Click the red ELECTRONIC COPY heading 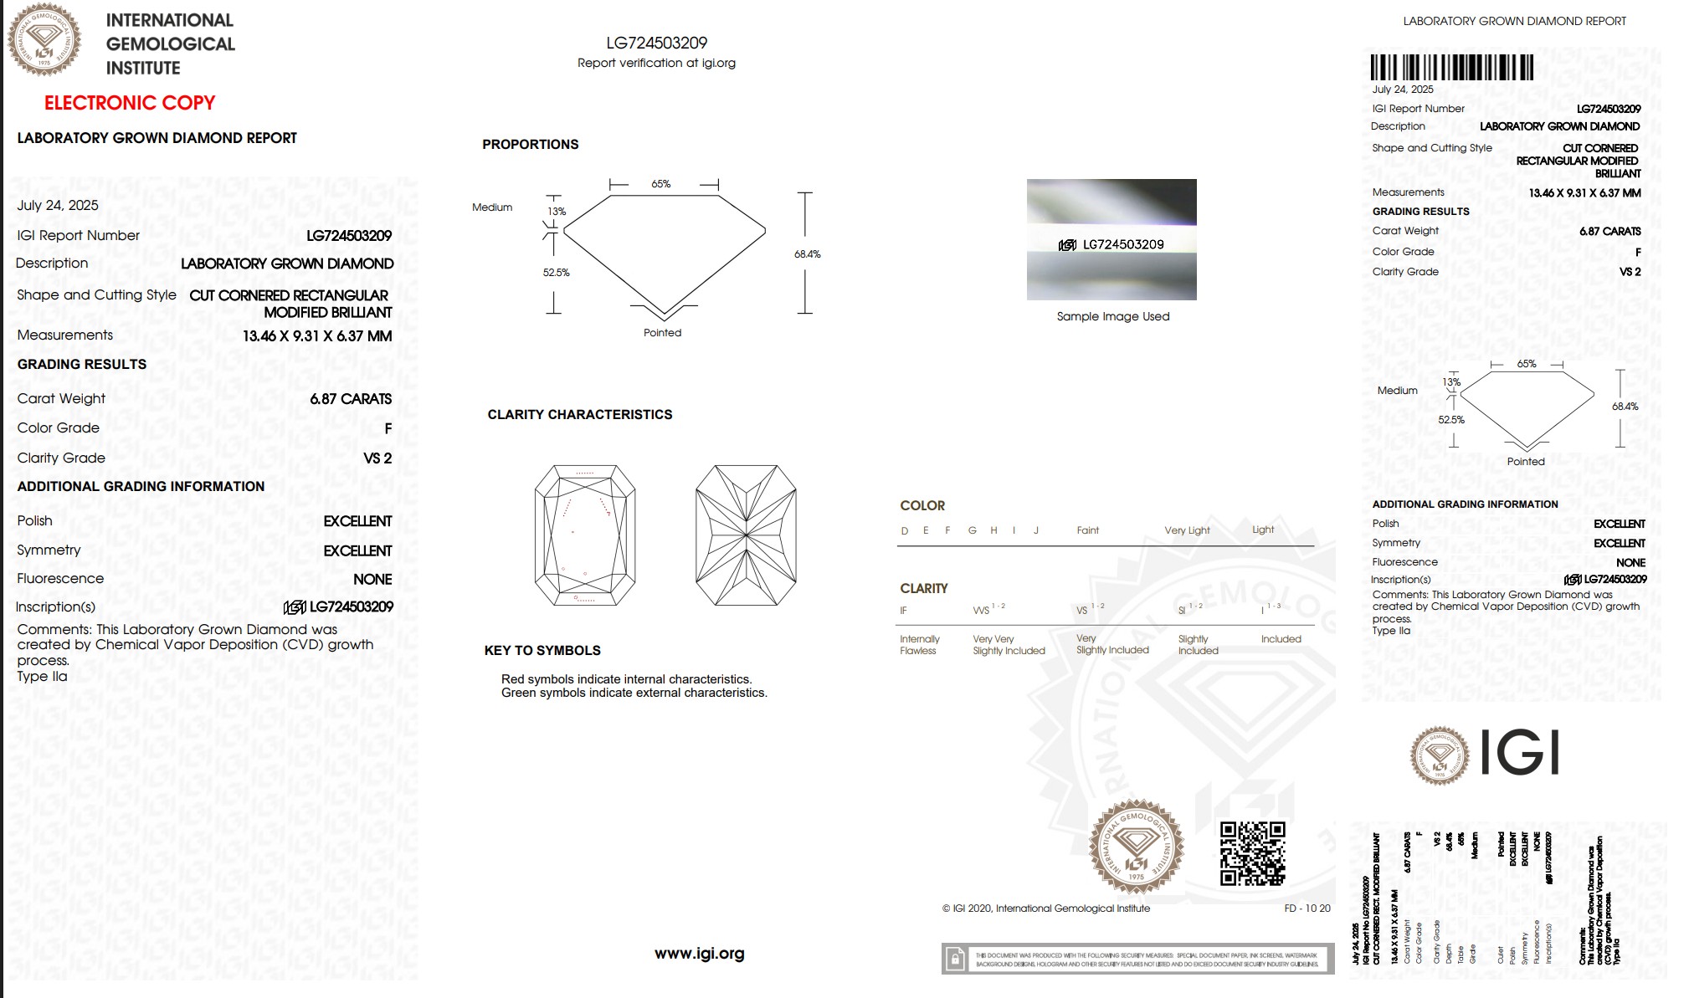coord(130,103)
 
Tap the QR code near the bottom coord(1252,853)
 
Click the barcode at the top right coord(1451,67)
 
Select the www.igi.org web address coord(699,953)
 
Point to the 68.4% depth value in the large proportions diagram coord(807,254)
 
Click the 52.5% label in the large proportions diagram coord(556,273)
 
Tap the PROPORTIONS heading coord(530,144)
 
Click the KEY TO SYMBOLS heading coord(542,650)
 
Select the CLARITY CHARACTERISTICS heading coord(579,414)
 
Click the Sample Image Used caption coord(1112,316)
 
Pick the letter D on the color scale coord(904,530)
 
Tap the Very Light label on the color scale coord(1187,530)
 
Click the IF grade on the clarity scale coord(903,611)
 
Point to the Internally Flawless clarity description coord(919,645)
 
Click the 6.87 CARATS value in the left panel coord(351,399)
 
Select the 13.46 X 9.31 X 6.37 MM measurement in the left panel coord(317,335)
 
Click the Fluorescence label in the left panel coord(60,578)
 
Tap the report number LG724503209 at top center coord(656,43)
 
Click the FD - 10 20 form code coord(1307,908)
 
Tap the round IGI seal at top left coord(44,39)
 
